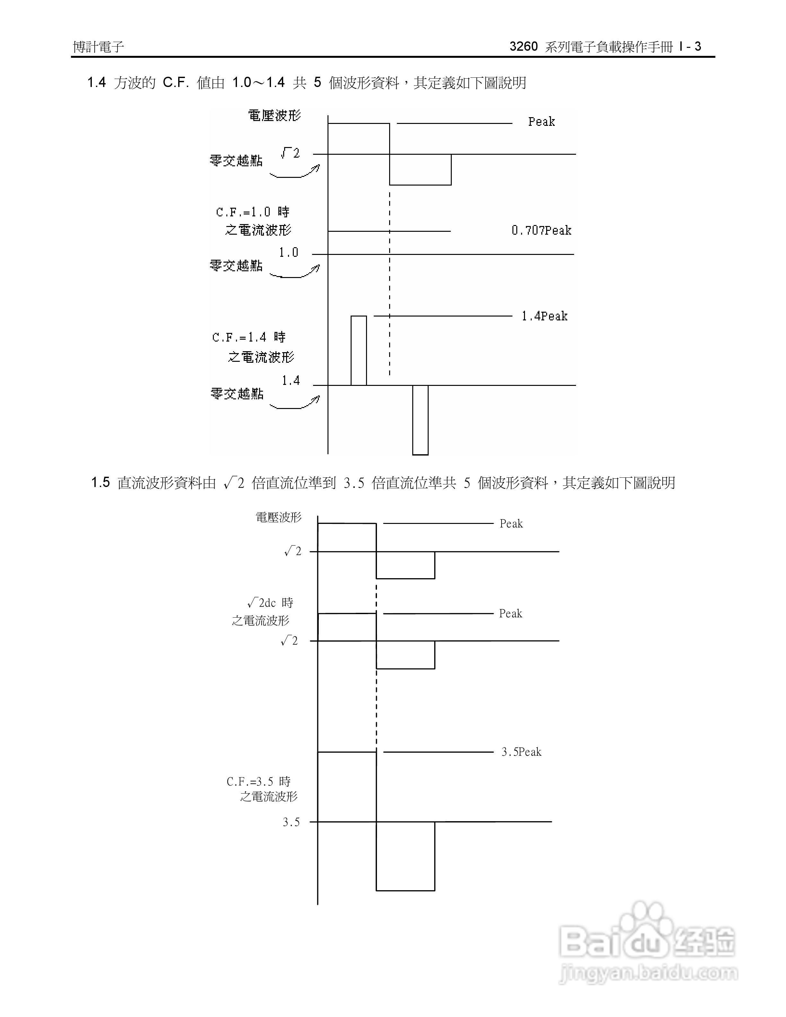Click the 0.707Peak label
pos(541,230)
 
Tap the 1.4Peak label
pos(544,316)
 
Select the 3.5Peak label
pos(521,752)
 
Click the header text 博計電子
pos(98,47)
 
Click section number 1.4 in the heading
pos(96,83)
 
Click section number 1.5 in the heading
pos(100,482)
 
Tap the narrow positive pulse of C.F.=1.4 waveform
pos(359,350)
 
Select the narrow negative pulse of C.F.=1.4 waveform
pos(420,420)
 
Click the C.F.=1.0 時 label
pos(253,212)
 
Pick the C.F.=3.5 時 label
pos(258,781)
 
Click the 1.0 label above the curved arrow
pos(288,252)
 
